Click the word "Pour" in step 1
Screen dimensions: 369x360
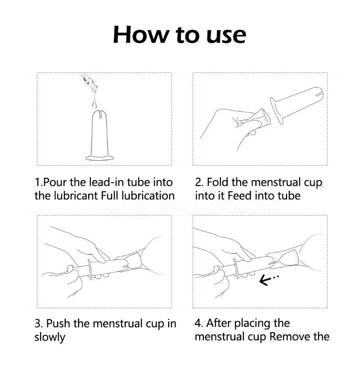(x=55, y=182)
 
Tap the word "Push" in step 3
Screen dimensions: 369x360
(x=58, y=324)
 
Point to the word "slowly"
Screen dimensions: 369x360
(x=49, y=337)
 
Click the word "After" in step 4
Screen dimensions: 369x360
(x=220, y=323)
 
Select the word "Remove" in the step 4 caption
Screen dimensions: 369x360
(x=288, y=337)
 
